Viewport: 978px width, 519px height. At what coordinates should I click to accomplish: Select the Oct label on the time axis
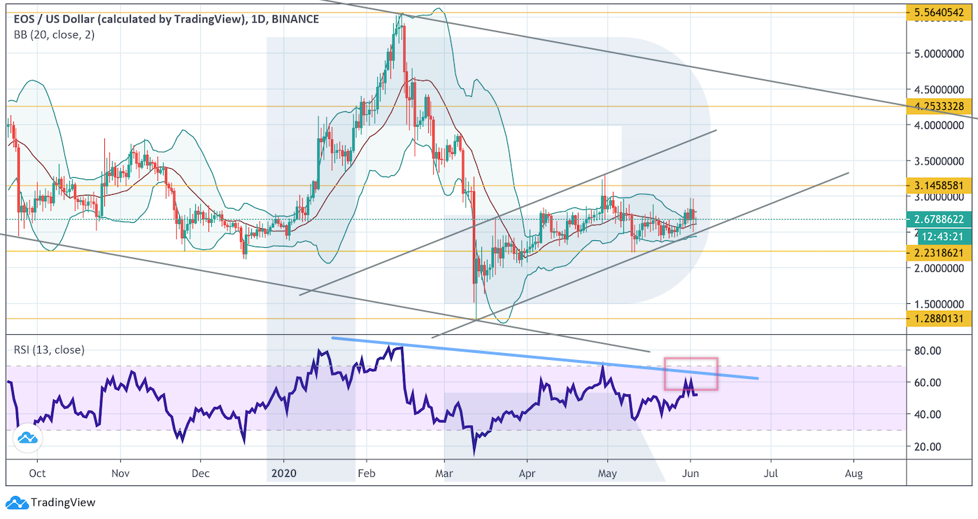click(38, 473)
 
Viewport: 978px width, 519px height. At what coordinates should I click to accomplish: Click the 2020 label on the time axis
click(283, 473)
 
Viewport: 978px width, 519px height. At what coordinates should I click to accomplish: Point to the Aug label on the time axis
click(853, 473)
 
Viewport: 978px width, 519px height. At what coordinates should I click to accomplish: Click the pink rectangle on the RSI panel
click(690, 374)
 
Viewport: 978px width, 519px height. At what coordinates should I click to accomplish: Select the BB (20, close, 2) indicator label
click(54, 35)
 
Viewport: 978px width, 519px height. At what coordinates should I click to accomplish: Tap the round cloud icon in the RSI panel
click(28, 438)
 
